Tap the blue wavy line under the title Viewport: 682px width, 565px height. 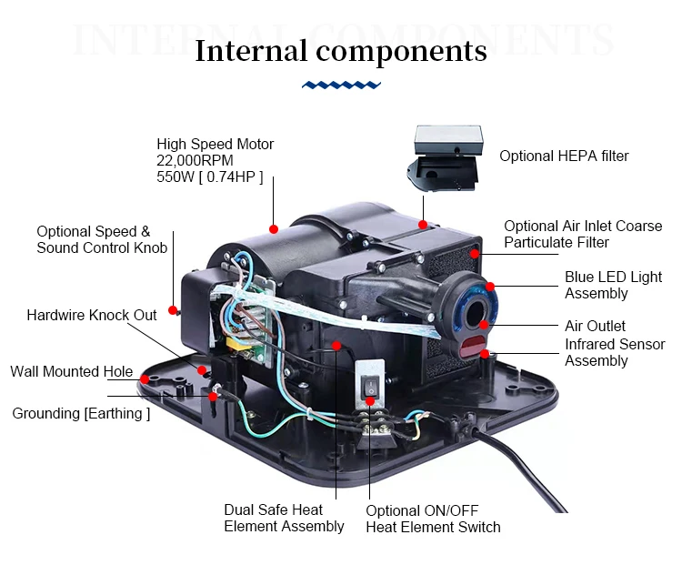point(341,85)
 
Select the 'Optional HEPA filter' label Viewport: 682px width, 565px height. point(564,156)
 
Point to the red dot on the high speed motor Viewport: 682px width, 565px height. point(273,225)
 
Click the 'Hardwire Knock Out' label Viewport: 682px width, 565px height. point(91,315)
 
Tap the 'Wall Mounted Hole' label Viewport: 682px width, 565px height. point(71,371)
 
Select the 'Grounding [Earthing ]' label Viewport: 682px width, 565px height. point(81,413)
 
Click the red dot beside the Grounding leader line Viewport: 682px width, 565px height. point(212,396)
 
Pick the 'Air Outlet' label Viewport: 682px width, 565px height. point(595,326)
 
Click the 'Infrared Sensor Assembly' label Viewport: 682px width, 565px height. point(615,353)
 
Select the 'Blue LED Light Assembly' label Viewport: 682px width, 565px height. point(613,285)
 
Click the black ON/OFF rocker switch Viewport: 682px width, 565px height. point(369,388)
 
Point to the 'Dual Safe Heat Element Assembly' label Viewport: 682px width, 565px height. point(284,518)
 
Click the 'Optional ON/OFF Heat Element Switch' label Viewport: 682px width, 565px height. point(433,519)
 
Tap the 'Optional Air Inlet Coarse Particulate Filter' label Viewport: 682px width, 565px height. point(583,234)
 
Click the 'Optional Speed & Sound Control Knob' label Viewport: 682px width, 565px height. point(101,239)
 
